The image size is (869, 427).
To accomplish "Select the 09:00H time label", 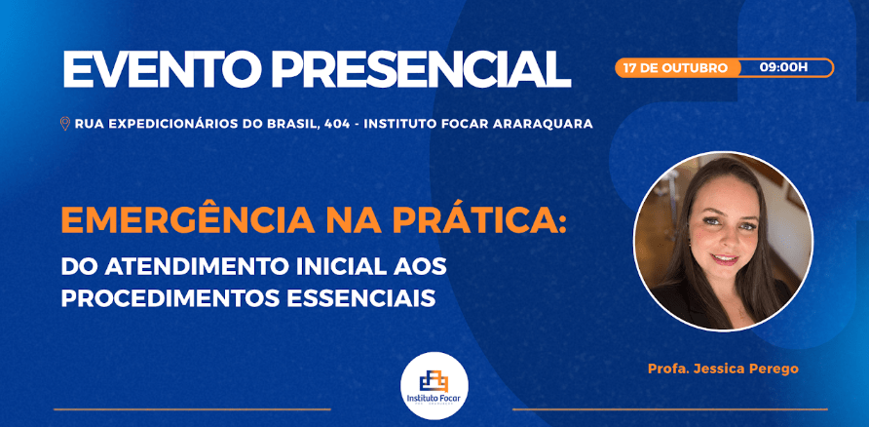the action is point(783,68).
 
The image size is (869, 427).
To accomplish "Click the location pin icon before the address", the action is point(65,124).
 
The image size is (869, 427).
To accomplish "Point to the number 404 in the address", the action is point(337,124).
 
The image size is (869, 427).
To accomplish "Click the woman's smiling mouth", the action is point(725,259).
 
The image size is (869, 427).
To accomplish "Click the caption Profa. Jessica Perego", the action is point(723,369).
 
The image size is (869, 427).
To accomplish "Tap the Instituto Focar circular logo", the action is point(434,386).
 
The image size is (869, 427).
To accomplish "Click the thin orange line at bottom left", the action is point(192,409).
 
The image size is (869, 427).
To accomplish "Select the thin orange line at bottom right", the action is point(669,409).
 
